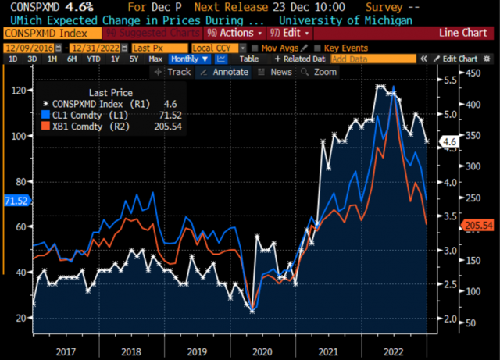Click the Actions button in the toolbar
230,34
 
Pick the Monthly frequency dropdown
188,59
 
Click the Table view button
248,59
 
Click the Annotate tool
225,72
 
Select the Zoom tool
321,72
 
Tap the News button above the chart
277,72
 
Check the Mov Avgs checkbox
255,47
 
